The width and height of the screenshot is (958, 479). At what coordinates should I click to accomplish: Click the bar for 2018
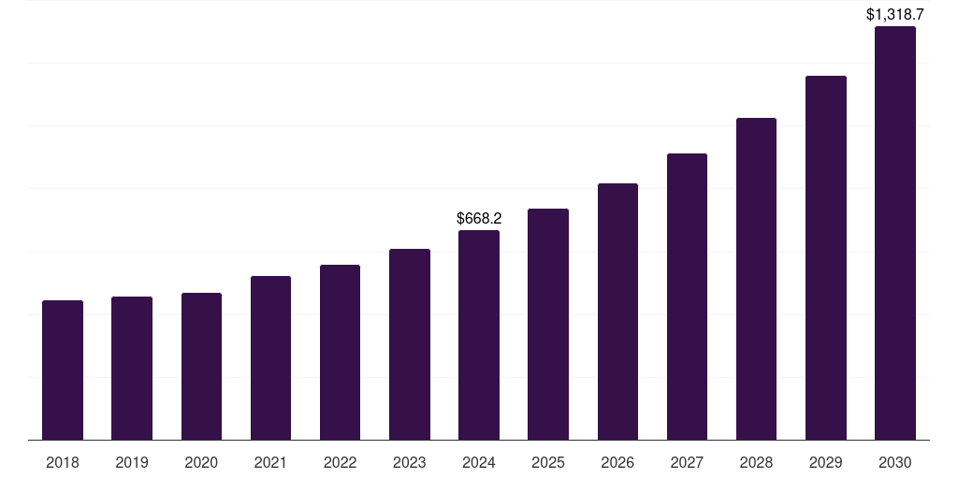click(63, 370)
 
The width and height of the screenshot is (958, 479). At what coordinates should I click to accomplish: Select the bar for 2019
click(132, 368)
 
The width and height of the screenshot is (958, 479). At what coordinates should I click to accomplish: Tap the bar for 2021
click(270, 357)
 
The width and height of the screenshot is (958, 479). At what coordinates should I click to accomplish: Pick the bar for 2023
click(410, 344)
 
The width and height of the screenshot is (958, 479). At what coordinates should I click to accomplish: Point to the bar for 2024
click(479, 335)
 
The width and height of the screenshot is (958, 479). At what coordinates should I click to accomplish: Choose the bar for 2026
click(617, 312)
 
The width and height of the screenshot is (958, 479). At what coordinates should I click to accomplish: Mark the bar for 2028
click(756, 279)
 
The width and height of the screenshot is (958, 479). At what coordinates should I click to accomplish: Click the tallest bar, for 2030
click(894, 233)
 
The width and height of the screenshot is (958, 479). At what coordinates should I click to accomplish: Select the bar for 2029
click(825, 257)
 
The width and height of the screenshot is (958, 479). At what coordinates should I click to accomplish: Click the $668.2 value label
click(479, 218)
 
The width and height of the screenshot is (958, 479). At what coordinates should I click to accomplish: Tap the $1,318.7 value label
click(894, 14)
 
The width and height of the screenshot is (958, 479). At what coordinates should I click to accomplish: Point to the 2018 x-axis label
click(63, 462)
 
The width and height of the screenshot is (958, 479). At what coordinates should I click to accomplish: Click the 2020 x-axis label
click(201, 462)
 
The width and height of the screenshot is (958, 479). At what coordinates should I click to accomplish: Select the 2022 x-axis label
click(340, 462)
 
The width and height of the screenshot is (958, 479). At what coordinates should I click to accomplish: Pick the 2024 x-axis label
click(479, 462)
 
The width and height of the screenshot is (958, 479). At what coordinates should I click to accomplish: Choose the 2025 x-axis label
click(548, 462)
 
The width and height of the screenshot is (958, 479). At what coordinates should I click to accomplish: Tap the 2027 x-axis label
click(687, 462)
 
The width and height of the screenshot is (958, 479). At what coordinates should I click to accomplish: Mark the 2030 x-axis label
click(894, 462)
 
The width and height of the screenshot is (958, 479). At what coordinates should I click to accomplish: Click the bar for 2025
click(548, 324)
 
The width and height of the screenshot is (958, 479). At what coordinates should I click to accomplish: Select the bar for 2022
click(340, 352)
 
